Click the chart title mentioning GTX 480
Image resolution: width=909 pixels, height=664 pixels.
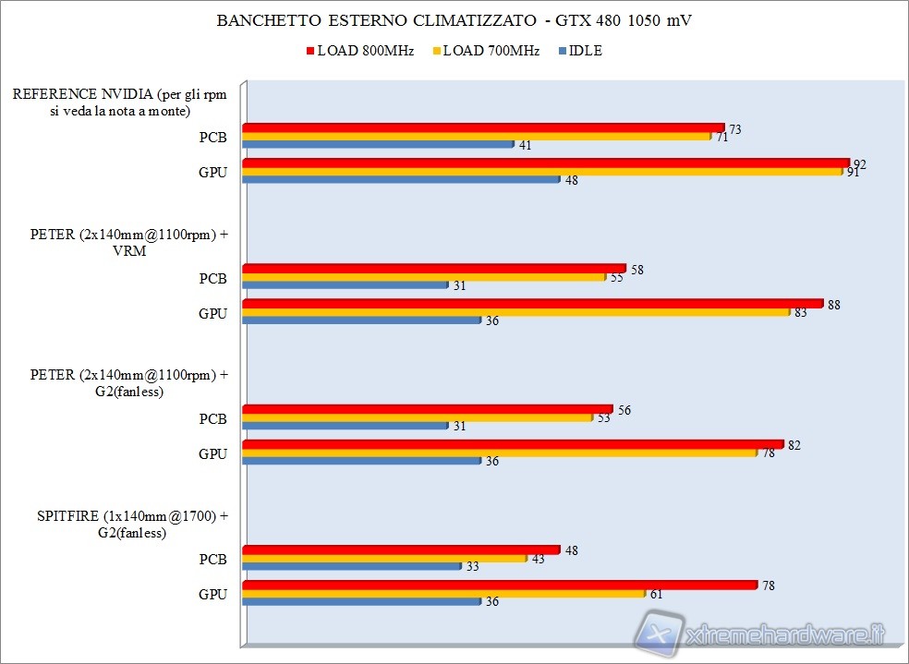454,20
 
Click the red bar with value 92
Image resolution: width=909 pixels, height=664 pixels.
545,163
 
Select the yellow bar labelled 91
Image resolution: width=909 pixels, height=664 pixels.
541,171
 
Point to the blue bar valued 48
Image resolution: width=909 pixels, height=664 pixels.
401,179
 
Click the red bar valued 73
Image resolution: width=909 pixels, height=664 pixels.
483,127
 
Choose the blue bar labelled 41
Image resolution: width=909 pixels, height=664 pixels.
378,144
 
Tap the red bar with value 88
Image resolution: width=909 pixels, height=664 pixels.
532,303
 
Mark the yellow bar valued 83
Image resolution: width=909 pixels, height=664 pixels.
515,311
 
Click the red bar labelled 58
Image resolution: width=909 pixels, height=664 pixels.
433,268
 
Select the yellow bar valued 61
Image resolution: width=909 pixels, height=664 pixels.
443,593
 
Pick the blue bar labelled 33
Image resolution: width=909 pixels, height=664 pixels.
351,566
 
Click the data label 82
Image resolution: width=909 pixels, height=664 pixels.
794,445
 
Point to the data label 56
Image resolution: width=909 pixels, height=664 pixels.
624,410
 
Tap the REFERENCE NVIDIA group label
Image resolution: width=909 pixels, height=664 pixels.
119,102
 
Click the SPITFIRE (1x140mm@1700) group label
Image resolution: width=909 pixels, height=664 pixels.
122,524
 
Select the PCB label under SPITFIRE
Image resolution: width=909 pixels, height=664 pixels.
212,559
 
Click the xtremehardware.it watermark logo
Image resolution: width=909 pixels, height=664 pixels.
762,635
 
